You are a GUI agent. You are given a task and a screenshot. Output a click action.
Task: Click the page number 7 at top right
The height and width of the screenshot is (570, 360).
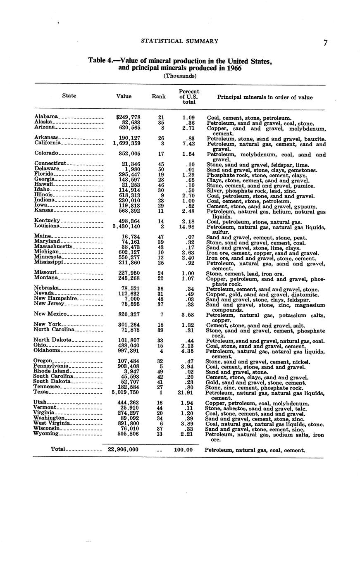click(326, 43)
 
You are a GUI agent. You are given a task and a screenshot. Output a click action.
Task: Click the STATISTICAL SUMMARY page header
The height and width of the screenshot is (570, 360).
click(179, 41)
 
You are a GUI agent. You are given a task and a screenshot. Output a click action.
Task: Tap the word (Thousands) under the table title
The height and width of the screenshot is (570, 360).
click(180, 76)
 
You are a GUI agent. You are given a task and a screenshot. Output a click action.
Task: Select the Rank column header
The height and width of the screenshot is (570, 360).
click(159, 97)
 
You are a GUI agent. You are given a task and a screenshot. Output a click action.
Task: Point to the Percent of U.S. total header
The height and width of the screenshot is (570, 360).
click(189, 97)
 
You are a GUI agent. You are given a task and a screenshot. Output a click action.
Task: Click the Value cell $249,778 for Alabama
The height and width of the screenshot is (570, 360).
click(128, 118)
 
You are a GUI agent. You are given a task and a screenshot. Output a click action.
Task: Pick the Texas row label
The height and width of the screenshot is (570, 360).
click(41, 392)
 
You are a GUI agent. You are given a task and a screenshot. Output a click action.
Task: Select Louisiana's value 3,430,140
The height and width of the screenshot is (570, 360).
click(126, 226)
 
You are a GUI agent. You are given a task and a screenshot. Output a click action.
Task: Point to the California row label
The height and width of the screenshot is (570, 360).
click(48, 142)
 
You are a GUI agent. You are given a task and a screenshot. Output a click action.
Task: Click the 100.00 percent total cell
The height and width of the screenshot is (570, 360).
click(183, 449)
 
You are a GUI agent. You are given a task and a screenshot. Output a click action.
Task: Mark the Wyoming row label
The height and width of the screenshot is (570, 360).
click(46, 434)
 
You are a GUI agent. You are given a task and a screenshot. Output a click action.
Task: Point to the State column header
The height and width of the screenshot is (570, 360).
click(69, 96)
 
